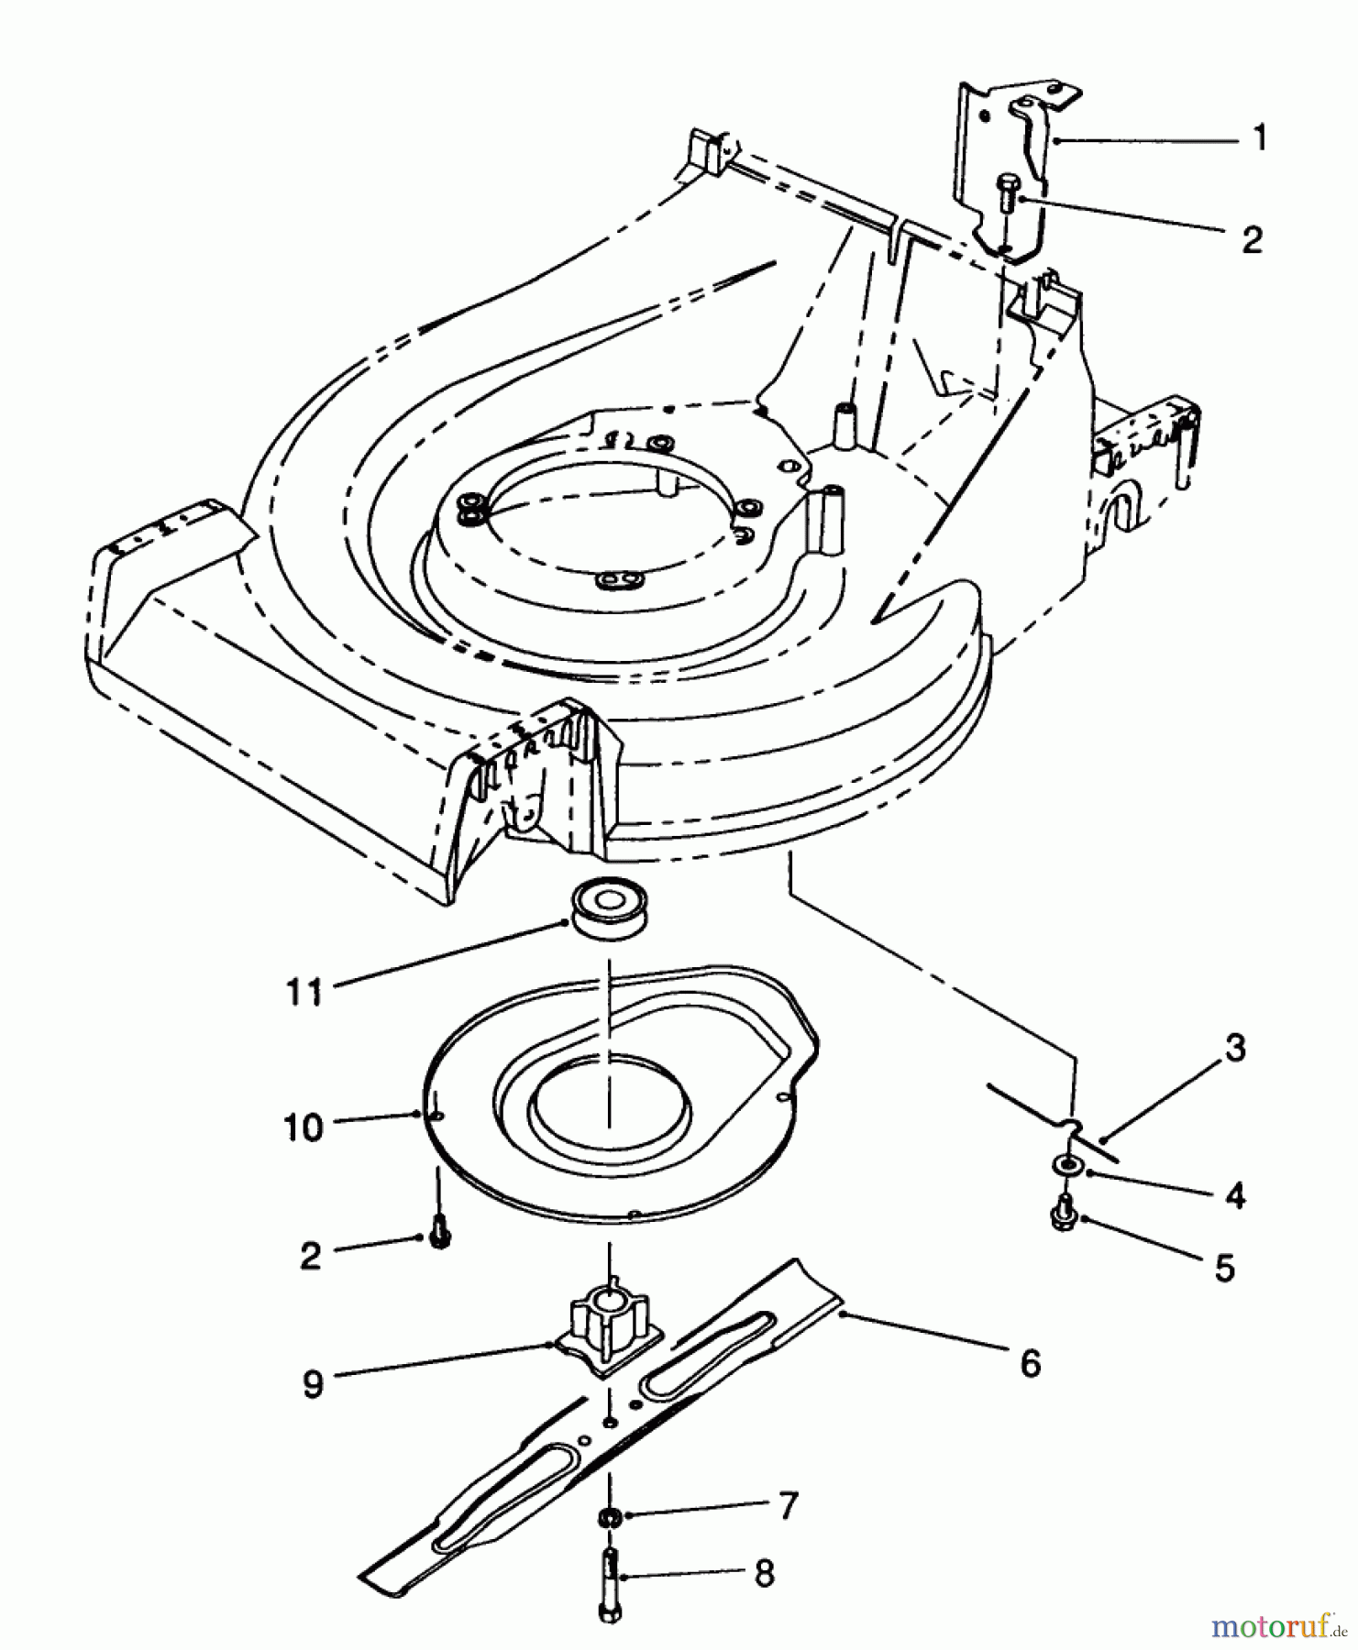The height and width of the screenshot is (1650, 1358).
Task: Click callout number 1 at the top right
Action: [x=1261, y=139]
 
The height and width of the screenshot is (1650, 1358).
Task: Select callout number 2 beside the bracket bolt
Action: [x=1253, y=239]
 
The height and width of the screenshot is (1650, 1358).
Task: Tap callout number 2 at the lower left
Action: [x=311, y=1255]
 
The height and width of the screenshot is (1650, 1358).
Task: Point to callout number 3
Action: [x=1235, y=1048]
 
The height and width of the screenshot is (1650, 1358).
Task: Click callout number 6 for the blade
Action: [x=1031, y=1363]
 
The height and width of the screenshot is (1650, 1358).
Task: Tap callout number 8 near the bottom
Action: [x=763, y=1574]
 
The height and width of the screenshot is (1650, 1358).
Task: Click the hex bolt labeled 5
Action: [x=1065, y=1214]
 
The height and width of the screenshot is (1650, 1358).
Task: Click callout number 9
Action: [x=313, y=1383]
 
